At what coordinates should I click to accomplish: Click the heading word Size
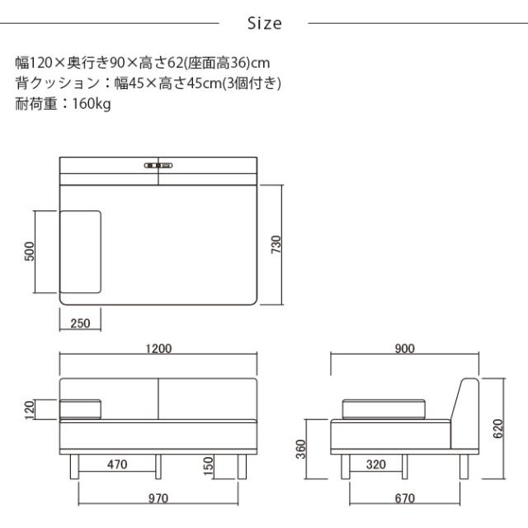click(x=264, y=23)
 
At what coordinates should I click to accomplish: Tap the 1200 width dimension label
click(x=159, y=348)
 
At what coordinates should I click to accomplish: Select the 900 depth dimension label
click(x=404, y=348)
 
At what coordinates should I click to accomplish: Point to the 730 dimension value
click(x=277, y=244)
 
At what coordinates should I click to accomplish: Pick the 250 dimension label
click(x=80, y=323)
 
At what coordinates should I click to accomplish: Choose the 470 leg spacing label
click(x=117, y=464)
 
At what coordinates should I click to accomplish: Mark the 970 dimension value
click(x=158, y=497)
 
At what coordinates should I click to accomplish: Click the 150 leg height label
click(x=210, y=466)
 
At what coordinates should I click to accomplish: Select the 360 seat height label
click(x=301, y=450)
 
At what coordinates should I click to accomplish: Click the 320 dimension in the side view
click(x=376, y=464)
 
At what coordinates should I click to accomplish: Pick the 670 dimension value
click(x=404, y=497)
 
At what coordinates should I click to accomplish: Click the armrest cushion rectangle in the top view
click(x=81, y=252)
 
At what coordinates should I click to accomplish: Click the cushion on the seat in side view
click(x=385, y=408)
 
